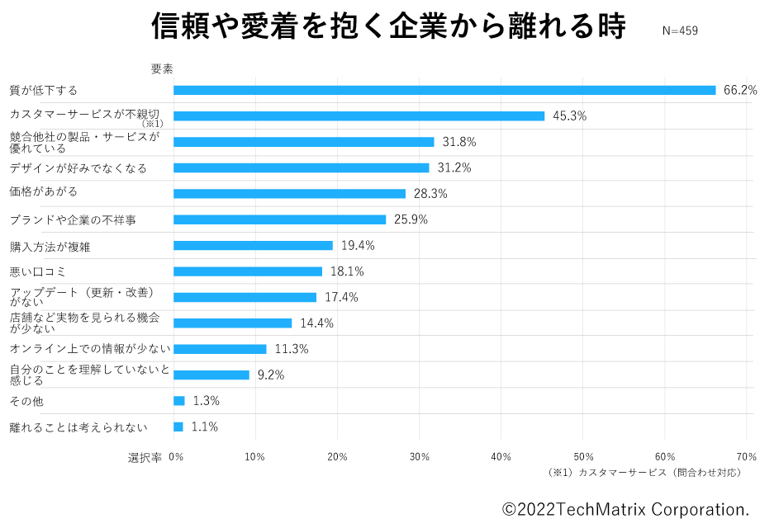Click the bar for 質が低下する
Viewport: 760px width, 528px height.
444,90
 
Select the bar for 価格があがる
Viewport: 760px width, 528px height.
289,194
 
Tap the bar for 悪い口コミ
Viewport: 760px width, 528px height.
248,271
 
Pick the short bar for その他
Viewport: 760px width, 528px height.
178,401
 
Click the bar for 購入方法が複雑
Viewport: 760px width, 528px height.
253,246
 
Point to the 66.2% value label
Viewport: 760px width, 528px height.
740,90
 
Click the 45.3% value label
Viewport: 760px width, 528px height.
569,116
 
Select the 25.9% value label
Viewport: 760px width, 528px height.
411,219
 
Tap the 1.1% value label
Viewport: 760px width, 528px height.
204,427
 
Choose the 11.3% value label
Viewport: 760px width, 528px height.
291,349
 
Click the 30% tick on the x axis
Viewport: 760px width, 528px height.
420,457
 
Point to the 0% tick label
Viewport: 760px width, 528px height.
176,457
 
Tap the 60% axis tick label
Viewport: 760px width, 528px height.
665,457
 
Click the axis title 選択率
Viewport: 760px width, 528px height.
145,458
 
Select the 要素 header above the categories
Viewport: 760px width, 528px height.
161,69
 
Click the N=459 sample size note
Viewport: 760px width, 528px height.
681,31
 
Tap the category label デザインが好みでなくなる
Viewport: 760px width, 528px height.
78,168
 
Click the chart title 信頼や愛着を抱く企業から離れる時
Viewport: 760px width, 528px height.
388,26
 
